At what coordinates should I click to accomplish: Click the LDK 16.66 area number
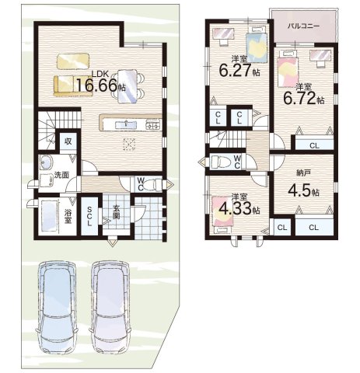(96, 85)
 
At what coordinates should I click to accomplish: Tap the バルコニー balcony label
(304, 26)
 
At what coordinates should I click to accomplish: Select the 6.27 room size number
(235, 70)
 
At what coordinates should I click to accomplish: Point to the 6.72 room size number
(299, 99)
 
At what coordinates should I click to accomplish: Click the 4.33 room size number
(235, 207)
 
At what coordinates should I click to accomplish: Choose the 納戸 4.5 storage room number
(299, 190)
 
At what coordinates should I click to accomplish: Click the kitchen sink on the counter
(126, 125)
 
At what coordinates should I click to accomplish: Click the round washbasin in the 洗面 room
(47, 162)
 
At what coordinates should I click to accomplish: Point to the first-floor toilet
(152, 185)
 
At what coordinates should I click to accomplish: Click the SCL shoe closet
(89, 216)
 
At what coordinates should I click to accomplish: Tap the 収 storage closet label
(68, 141)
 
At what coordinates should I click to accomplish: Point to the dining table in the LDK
(127, 86)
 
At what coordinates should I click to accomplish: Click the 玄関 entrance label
(116, 213)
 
